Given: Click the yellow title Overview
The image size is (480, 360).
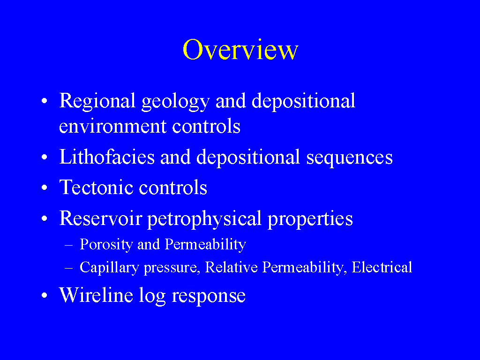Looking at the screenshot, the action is [x=240, y=49].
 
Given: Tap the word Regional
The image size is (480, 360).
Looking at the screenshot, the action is [x=97, y=101].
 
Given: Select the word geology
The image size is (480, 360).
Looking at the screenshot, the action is [x=175, y=102].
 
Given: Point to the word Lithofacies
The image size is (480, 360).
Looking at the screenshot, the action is [x=107, y=157].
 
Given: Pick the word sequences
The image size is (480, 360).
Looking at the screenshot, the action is [x=349, y=158].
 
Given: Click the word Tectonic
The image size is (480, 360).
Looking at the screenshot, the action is [x=96, y=187].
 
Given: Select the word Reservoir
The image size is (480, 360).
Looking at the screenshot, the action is [x=100, y=218].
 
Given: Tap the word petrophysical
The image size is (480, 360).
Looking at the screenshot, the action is [x=204, y=219].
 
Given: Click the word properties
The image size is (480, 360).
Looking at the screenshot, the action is [x=310, y=220].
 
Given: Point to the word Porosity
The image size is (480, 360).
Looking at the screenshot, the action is [x=106, y=245].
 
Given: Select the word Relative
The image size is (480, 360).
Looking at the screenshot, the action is [x=231, y=267].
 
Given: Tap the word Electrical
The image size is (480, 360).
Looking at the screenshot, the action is [x=382, y=267].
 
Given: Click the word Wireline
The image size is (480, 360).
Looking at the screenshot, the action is [x=96, y=295].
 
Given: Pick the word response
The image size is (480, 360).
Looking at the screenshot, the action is [x=209, y=297].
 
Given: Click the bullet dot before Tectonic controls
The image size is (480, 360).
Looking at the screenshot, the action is [x=45, y=187].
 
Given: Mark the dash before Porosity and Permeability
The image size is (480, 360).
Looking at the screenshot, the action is [x=69, y=245].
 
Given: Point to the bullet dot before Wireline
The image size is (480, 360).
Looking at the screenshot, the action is [x=45, y=295].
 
